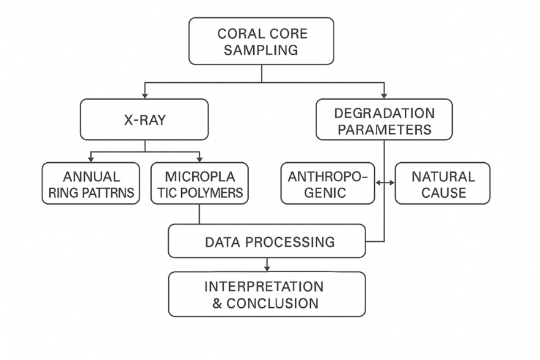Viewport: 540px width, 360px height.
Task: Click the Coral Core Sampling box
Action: tap(261, 41)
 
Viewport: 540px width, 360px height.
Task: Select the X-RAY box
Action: tap(145, 120)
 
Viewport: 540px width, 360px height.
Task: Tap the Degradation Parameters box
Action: tap(384, 120)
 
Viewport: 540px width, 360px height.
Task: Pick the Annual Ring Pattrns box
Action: tap(91, 184)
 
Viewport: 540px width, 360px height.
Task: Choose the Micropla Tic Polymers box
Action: tap(199, 184)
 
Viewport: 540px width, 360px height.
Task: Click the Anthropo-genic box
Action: tap(327, 184)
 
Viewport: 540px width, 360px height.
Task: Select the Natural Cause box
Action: tap(442, 184)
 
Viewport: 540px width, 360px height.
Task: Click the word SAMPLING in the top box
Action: tap(261, 49)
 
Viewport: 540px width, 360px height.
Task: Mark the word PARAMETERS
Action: tap(384, 130)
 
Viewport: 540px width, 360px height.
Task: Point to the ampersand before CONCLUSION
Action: tap(218, 303)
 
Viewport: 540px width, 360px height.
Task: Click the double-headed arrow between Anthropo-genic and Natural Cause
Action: tap(385, 182)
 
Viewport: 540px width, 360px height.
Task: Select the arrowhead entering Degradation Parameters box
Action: tap(384, 96)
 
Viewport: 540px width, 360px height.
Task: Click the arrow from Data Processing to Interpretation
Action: tap(267, 265)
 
